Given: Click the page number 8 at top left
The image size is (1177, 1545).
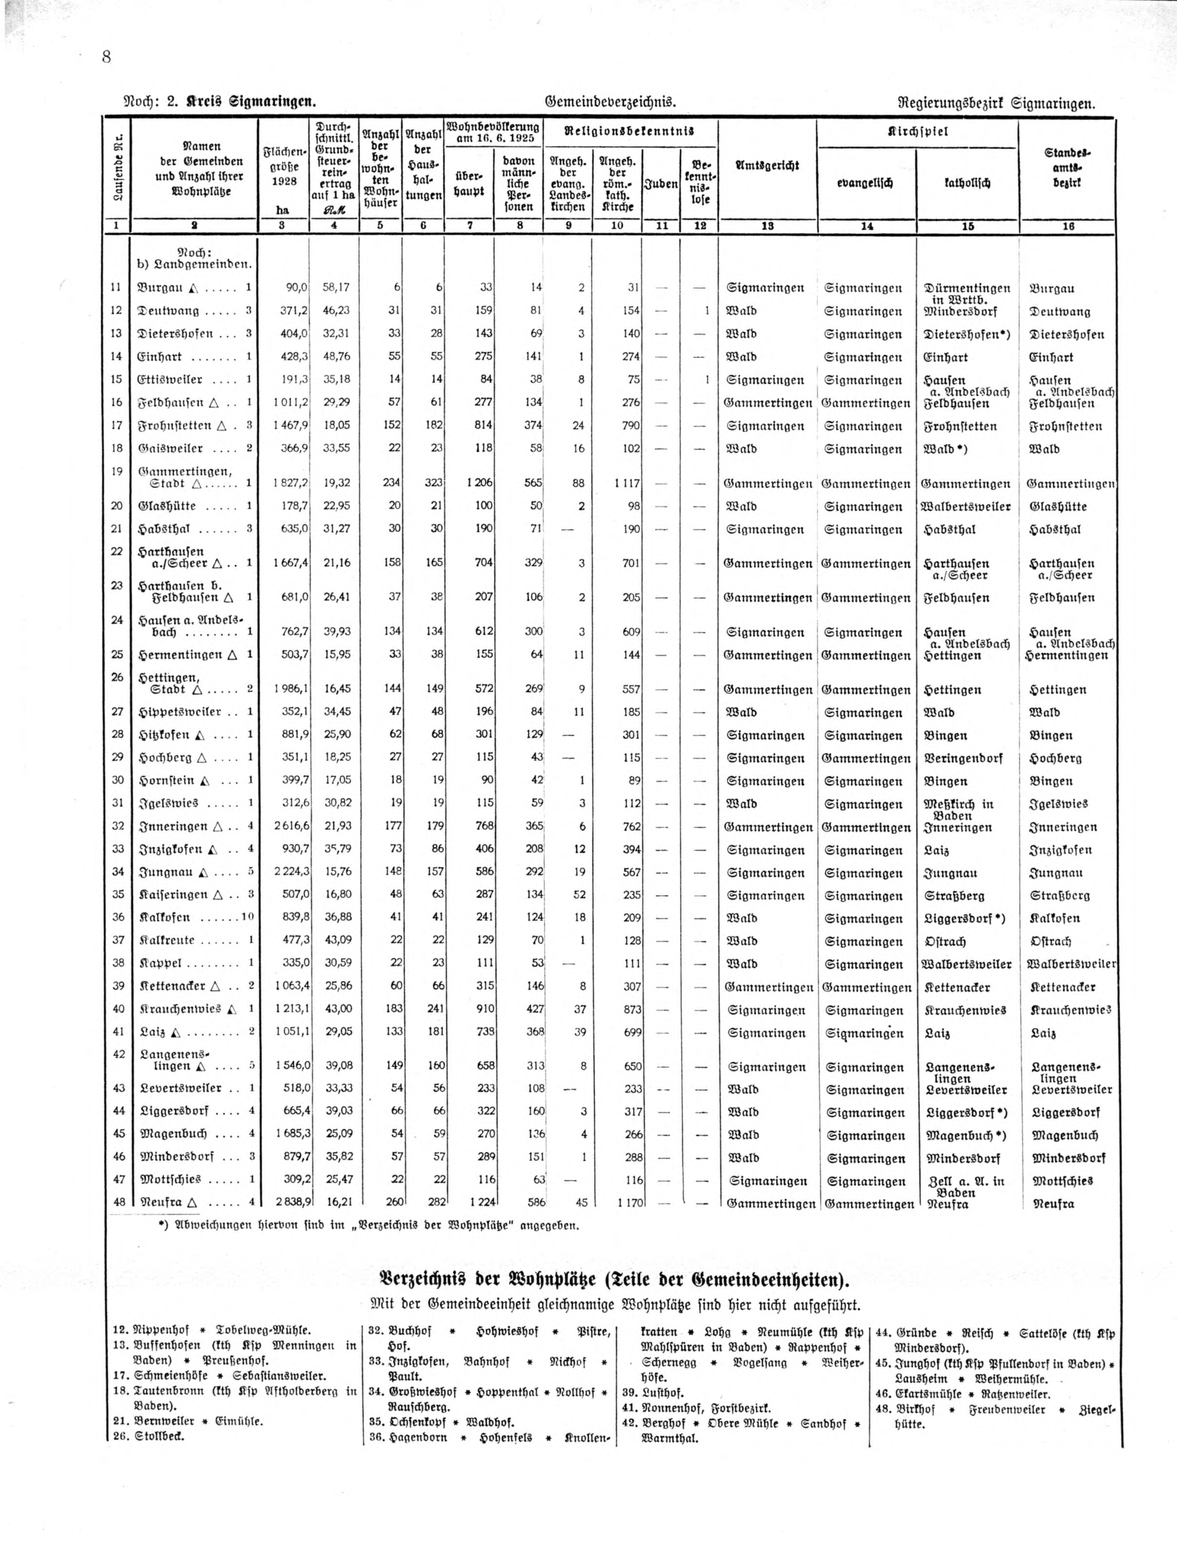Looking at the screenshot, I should pos(107,57).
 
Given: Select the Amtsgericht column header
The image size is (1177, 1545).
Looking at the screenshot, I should pos(767,166).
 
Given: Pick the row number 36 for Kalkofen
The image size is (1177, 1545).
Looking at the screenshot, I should pos(117,918).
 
